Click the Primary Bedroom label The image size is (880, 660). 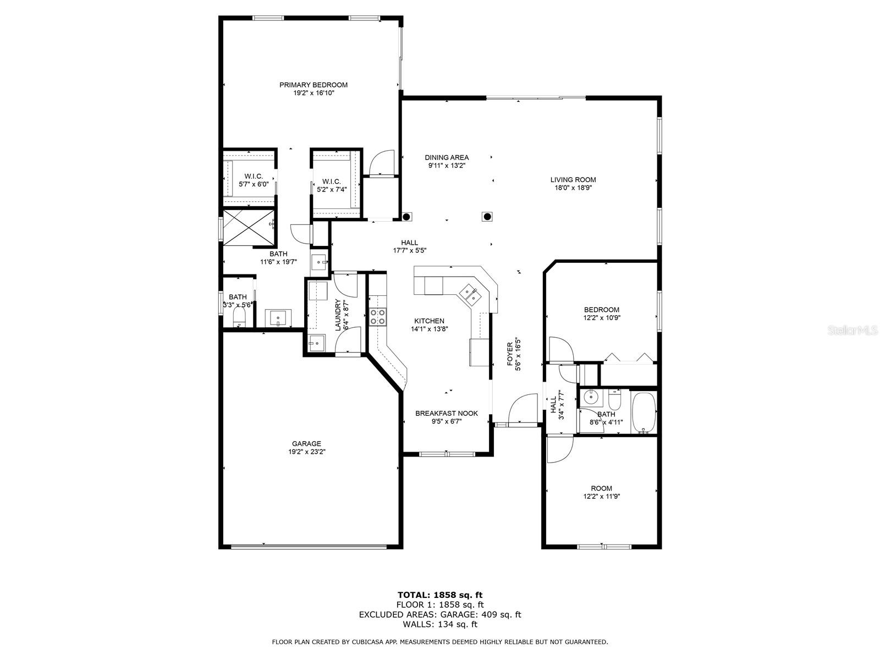313,85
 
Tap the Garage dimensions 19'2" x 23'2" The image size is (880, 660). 306,452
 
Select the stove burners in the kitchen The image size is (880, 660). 377,316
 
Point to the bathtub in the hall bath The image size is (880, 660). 643,412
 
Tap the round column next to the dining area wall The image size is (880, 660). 407,217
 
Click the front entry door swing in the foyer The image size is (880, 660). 522,409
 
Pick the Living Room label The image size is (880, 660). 573,179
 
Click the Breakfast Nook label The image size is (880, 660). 446,413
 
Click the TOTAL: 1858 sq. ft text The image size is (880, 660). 440,595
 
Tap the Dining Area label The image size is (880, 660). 447,157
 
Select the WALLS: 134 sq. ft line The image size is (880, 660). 440,624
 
